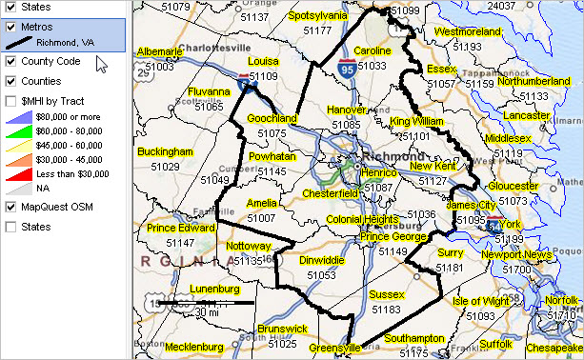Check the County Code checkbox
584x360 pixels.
click(x=10, y=61)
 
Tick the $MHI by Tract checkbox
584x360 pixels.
click(x=10, y=99)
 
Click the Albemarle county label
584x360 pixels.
click(x=159, y=51)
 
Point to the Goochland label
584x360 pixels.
click(x=272, y=119)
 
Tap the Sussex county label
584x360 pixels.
click(x=387, y=294)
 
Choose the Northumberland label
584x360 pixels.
click(x=534, y=82)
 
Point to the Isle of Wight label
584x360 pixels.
click(x=481, y=301)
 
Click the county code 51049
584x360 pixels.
click(x=214, y=179)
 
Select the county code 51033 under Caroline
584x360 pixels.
click(x=372, y=66)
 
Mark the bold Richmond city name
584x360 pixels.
click(x=393, y=155)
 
